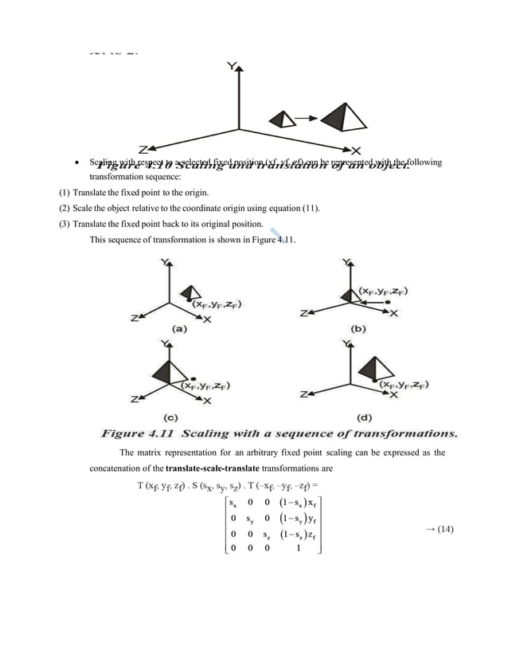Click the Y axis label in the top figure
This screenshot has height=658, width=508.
231,67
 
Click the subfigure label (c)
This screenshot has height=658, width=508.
170,416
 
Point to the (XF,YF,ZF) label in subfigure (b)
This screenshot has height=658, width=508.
383,292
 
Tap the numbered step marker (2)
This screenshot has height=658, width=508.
65,209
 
